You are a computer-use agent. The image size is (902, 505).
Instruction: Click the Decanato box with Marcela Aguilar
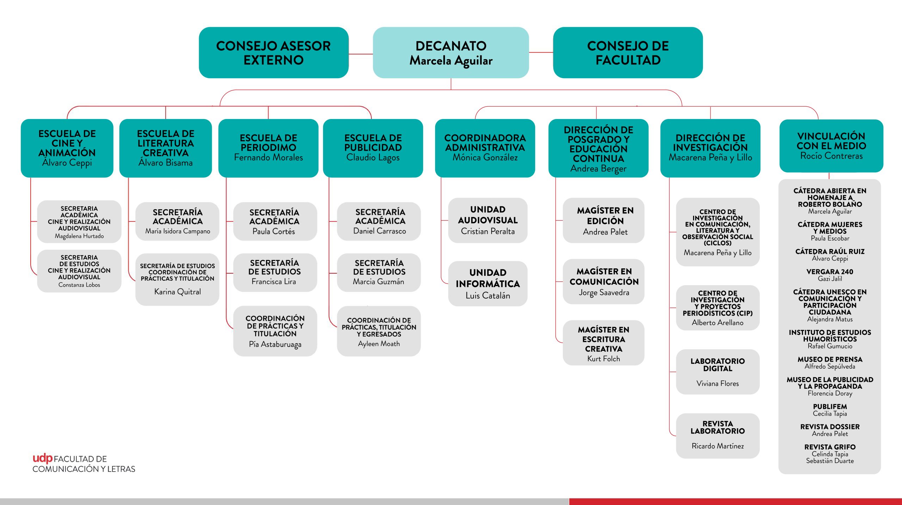pos(451,52)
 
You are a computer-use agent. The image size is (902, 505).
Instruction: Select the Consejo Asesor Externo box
pos(273,52)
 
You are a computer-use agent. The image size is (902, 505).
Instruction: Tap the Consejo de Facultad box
pos(628,52)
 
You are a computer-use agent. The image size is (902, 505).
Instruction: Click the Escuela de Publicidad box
pos(373,148)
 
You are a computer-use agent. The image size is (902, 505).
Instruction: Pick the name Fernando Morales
pos(268,157)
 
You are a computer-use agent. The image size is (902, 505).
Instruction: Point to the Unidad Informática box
pos(488,283)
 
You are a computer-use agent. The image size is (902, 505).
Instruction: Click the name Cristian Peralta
pos(488,231)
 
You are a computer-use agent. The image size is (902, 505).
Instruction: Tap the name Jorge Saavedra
pos(604,293)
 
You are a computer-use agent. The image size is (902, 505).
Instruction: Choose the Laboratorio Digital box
pos(717,372)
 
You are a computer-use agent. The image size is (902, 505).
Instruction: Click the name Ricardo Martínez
pos(717,446)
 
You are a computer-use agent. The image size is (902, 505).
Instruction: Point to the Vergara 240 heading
pos(830,272)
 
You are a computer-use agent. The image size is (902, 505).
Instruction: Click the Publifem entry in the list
pos(830,407)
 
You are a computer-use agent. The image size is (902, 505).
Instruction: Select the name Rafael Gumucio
pos(830,346)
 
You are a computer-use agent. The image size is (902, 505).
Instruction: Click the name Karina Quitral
pos(178,292)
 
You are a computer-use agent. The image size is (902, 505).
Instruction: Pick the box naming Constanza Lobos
pos(79,271)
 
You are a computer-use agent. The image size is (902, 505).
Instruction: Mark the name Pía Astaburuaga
pos(275,344)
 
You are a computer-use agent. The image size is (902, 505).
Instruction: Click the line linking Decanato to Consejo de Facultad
pos(541,52)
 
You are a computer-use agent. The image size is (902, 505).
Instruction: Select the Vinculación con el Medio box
pos(831,146)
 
